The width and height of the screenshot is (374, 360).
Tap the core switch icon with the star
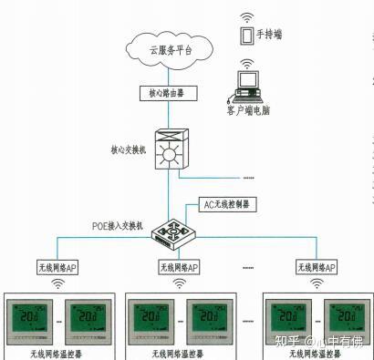pos(167,153)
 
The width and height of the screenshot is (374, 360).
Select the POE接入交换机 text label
pos(117,225)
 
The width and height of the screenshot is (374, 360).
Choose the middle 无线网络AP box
pos(180,267)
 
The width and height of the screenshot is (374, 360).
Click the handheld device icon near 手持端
pos(244,36)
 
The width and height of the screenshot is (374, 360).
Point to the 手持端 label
pos(269,35)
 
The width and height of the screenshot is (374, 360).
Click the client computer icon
pos(246,87)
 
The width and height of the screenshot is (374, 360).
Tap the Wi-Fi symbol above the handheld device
pos(244,16)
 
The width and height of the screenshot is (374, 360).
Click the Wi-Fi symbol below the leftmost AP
pos(57,283)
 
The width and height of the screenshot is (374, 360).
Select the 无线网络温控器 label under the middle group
pos(179,352)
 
